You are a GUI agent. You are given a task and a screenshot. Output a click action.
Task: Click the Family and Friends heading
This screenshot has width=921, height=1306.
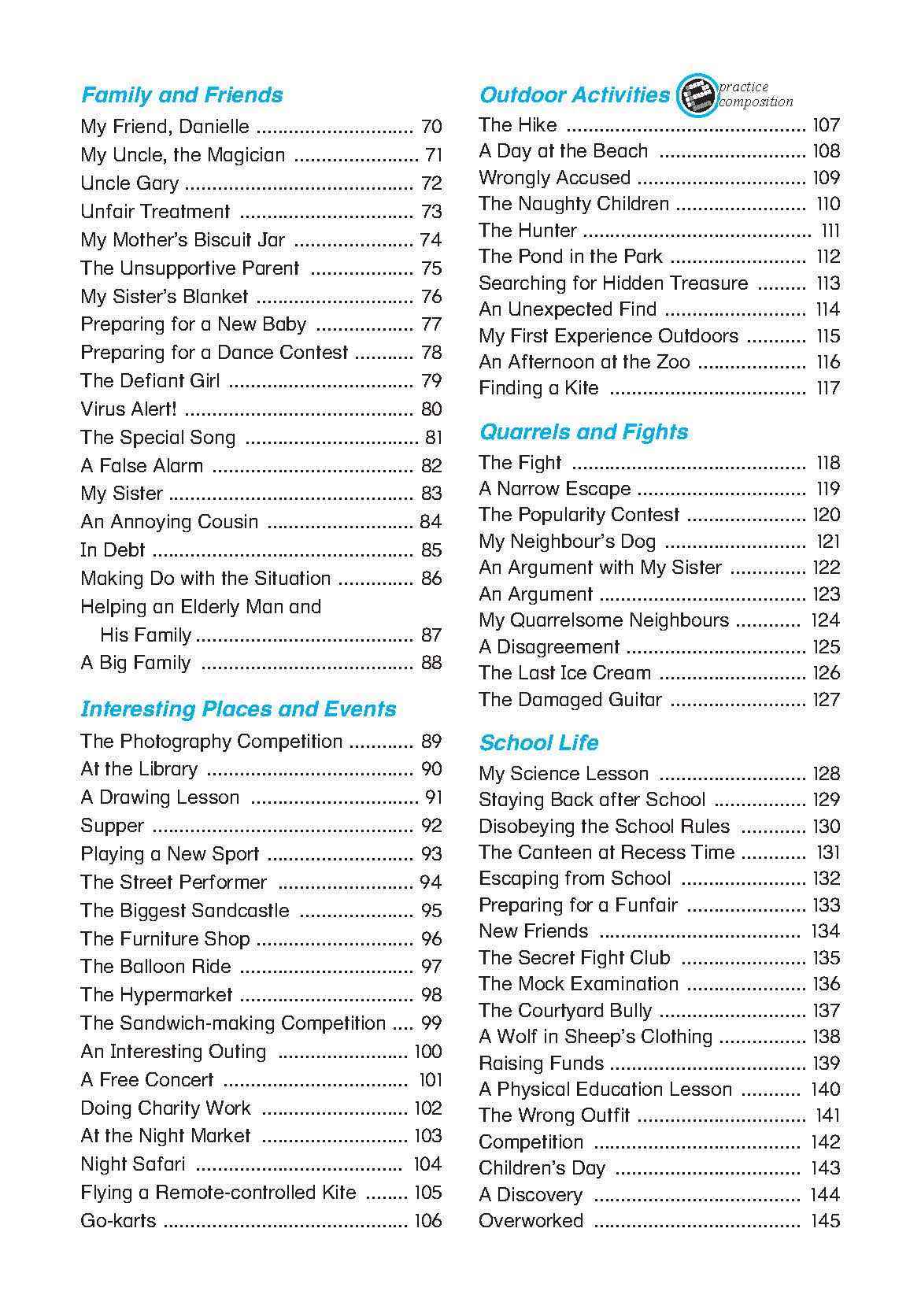point(182,95)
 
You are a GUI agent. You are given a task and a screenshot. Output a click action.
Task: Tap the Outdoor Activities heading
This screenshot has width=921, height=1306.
point(574,95)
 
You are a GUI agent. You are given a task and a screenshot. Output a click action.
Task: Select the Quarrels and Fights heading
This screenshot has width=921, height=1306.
point(583,432)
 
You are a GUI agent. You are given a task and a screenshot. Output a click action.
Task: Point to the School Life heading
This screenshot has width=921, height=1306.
point(538,743)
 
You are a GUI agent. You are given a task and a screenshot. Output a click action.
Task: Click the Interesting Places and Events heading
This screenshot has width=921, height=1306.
point(238,709)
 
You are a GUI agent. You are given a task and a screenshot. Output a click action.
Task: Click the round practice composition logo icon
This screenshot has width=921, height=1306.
point(697,96)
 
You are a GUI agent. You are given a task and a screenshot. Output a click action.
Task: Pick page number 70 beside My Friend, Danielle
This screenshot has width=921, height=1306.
point(431,127)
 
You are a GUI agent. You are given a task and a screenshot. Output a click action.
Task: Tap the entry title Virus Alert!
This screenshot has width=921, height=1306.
point(128,409)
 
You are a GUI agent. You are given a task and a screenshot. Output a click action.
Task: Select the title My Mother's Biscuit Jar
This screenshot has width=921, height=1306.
point(183,240)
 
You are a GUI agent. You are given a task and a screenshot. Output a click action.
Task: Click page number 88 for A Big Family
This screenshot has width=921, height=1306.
point(431,663)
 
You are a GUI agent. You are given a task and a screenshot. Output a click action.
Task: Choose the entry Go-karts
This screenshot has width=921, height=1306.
point(118,1221)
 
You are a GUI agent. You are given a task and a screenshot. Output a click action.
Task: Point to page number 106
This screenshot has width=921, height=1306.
point(428,1221)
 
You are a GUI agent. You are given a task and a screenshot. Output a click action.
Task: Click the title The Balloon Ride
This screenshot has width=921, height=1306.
point(156,967)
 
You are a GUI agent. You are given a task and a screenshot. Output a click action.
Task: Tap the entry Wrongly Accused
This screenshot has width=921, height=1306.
point(554,178)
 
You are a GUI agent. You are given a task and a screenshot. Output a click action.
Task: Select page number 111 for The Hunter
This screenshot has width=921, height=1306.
point(830,231)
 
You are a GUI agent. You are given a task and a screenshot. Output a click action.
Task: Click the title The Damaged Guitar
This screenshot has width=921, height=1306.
point(570,700)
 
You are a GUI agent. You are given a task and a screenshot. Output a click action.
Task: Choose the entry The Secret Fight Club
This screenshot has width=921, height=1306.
point(575,958)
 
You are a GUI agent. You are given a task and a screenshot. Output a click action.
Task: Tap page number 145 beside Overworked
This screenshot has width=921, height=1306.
point(825,1221)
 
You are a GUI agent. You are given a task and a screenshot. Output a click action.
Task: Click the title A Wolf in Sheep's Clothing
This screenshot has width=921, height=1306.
point(595,1037)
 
